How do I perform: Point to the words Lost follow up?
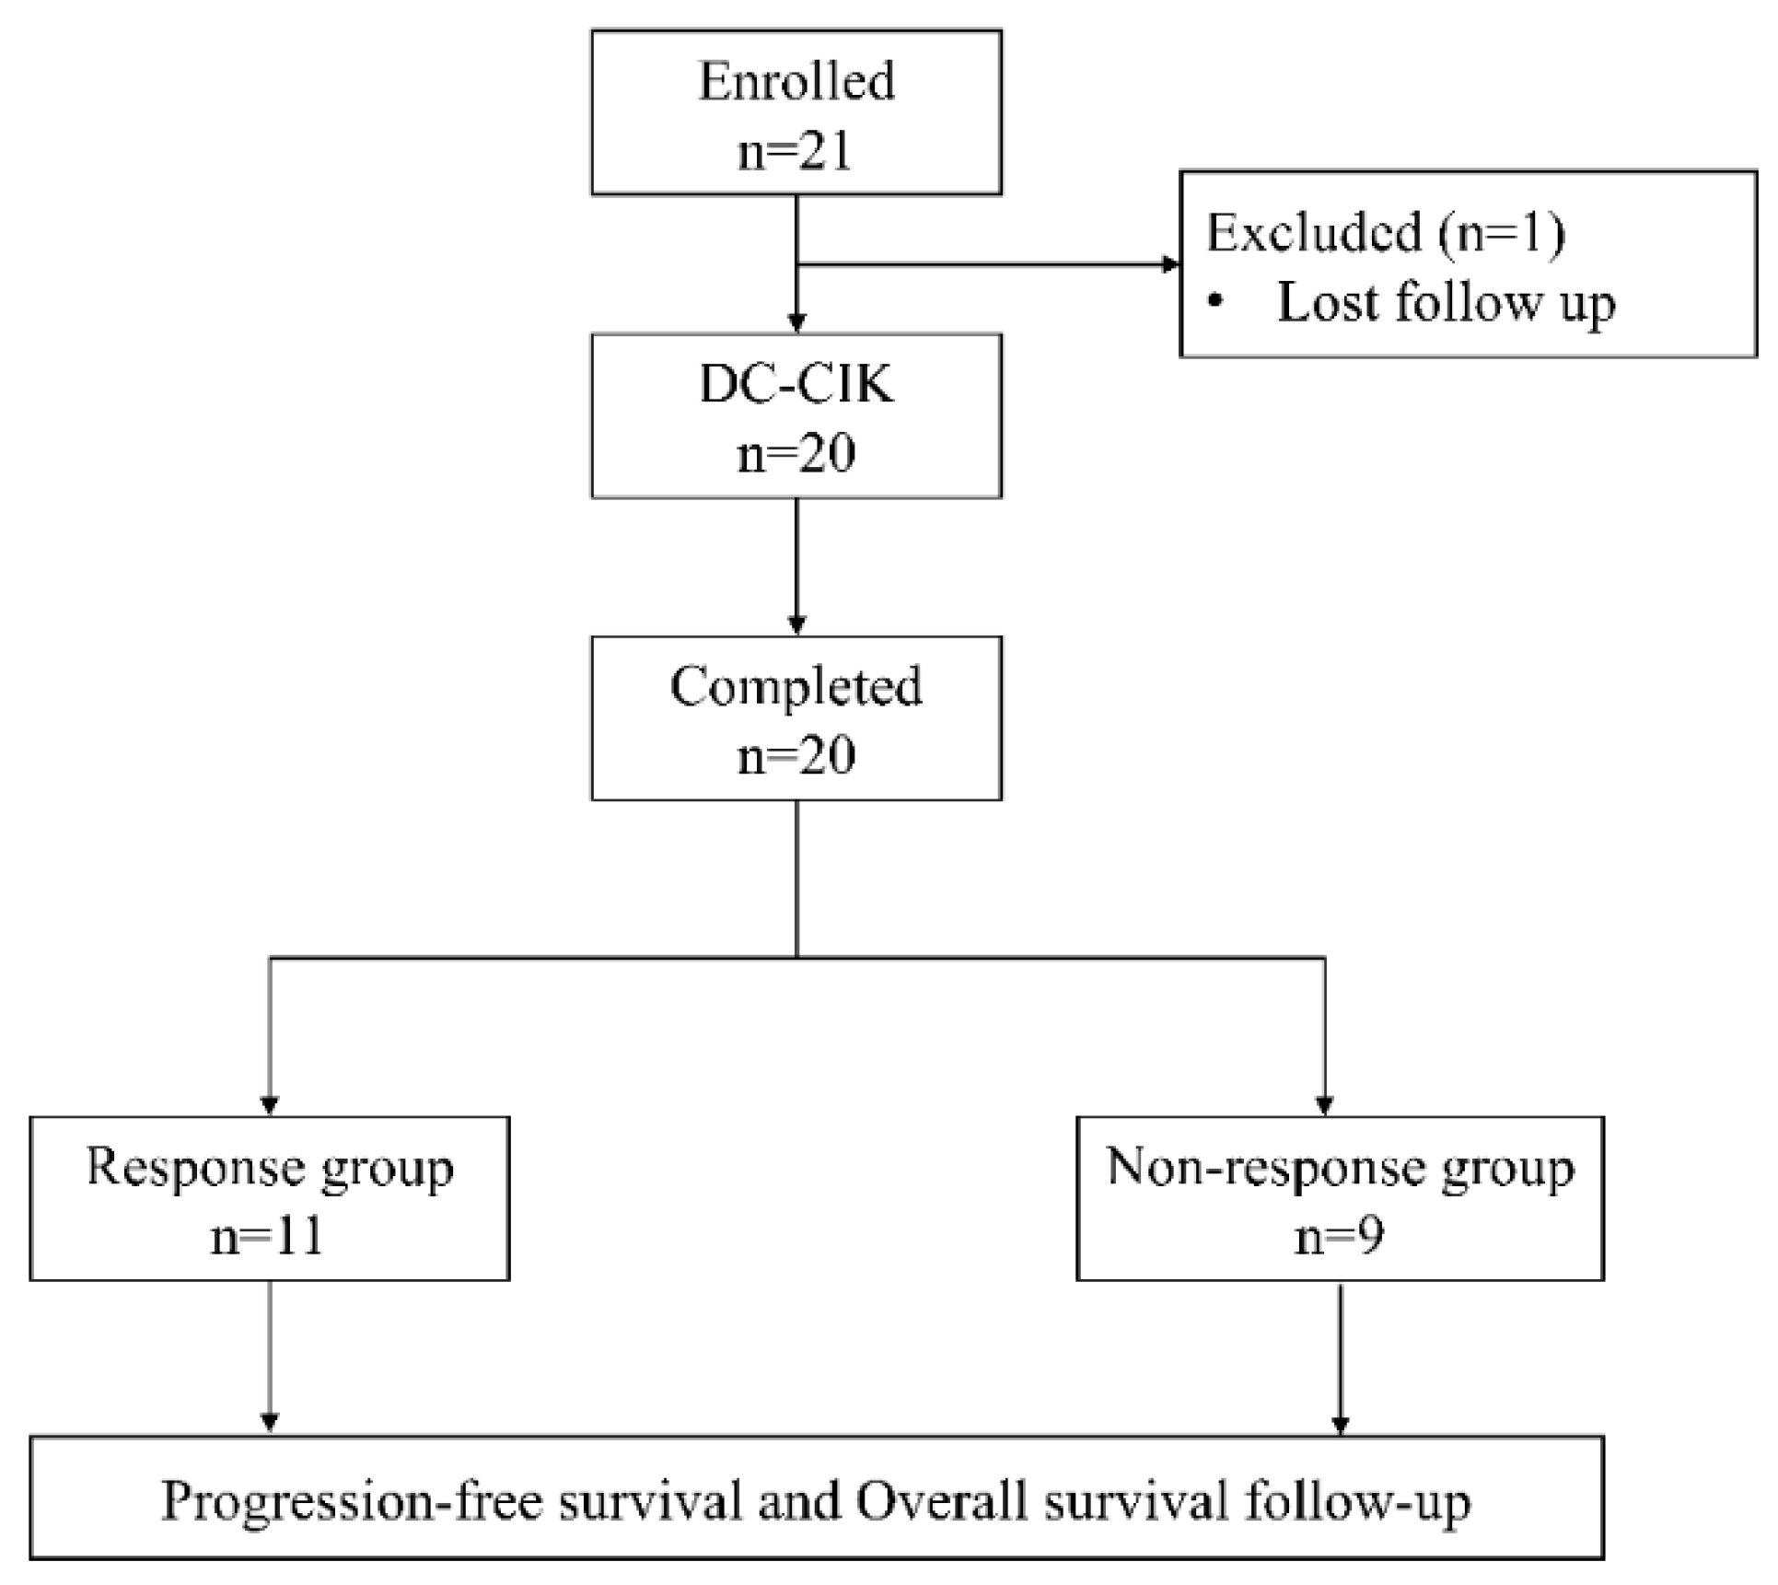1446,302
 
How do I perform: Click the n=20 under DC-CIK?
796,453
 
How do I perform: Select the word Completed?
796,686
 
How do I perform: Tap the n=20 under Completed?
796,755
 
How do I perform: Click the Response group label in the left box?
270,1168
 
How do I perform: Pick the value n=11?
268,1236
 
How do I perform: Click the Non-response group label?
1341,1168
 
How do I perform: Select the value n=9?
1340,1236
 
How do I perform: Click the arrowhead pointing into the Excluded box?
1170,265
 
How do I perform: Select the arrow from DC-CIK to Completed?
796,566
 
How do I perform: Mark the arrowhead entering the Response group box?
270,1103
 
